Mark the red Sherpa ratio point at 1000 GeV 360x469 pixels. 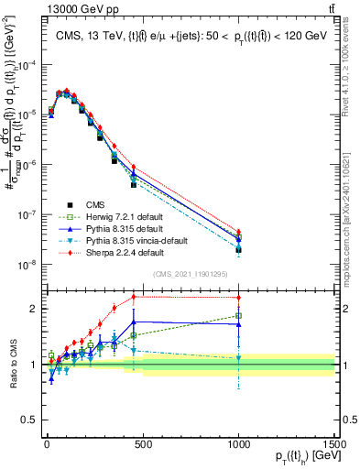tap(238, 298)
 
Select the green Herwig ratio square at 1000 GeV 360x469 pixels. tap(238, 316)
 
